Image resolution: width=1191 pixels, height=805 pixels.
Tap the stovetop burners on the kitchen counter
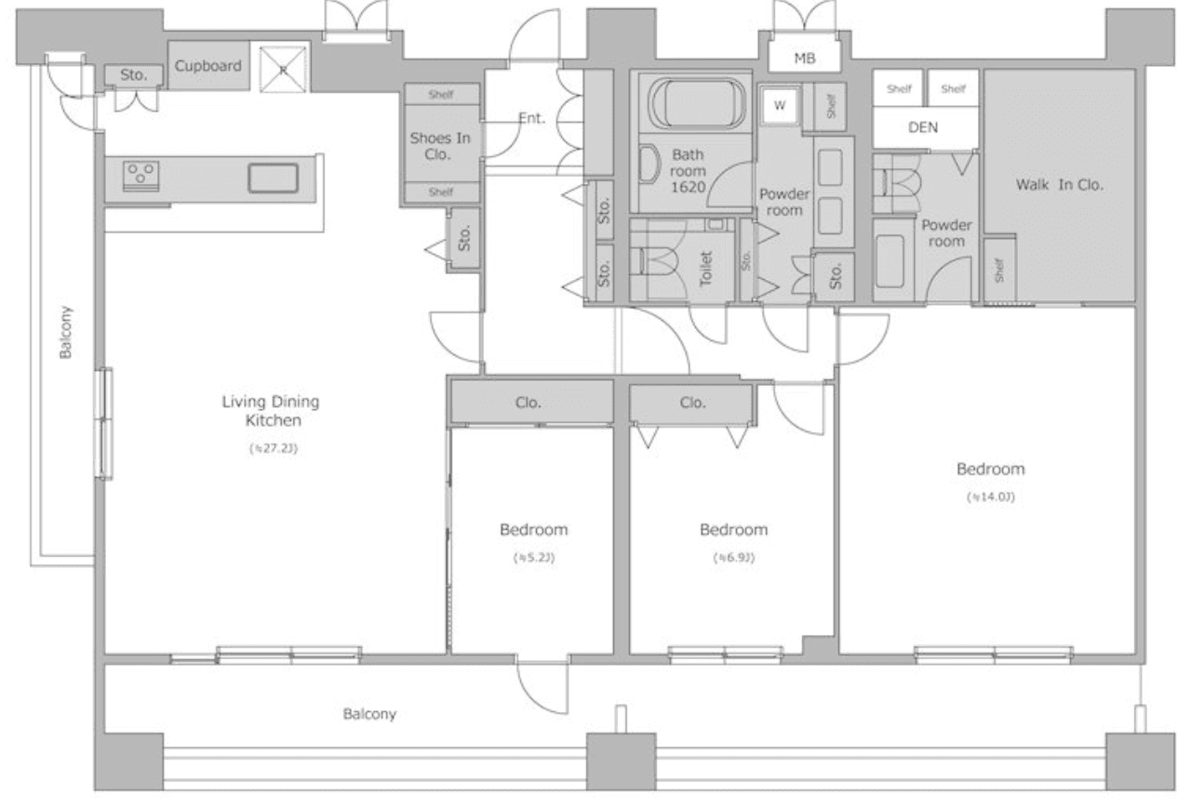[x=141, y=174]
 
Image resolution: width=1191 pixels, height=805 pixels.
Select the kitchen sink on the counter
[x=273, y=178]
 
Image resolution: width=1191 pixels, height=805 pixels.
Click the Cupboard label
[x=209, y=66]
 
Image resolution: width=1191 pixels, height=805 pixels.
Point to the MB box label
[x=805, y=59]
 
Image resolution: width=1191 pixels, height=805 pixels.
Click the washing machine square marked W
[x=780, y=105]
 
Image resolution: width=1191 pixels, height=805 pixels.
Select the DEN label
[x=923, y=127]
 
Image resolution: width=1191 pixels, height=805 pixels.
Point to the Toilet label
[x=704, y=268]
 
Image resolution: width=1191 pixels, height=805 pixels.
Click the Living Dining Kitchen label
[x=270, y=411]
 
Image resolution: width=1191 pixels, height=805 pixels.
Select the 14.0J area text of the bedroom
[x=990, y=496]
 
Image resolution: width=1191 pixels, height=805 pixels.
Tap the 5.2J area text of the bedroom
[x=533, y=559]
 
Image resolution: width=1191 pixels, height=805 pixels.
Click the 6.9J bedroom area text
[x=733, y=559]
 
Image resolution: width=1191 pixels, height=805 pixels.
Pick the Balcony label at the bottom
[x=369, y=714]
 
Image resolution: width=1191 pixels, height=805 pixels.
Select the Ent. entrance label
[x=531, y=118]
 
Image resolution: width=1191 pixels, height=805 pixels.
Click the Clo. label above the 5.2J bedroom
[x=529, y=402]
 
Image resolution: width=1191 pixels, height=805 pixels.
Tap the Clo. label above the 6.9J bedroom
[x=692, y=402]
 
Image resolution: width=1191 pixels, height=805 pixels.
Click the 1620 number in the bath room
[x=689, y=187]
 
